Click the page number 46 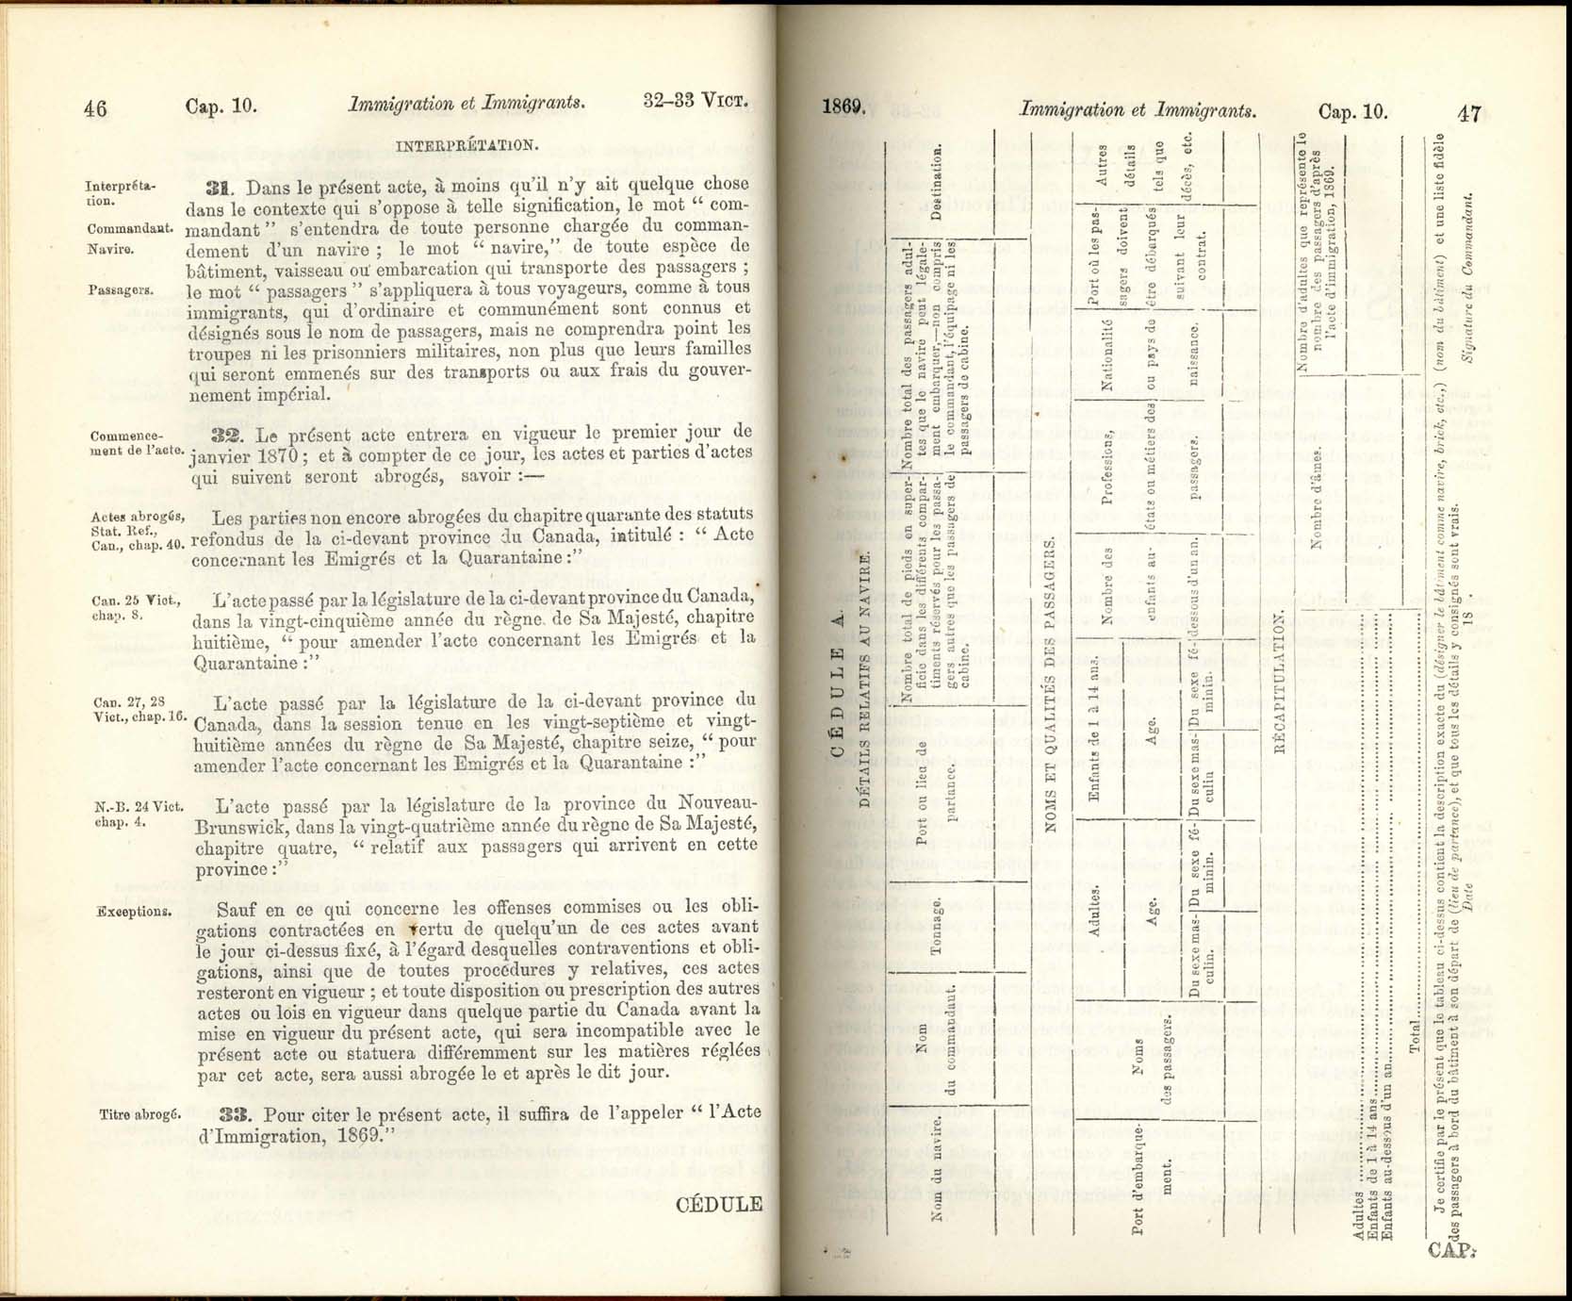click(95, 108)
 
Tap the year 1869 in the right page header click(843, 107)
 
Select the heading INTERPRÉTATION click(467, 146)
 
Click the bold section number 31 click(220, 186)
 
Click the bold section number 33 click(233, 1113)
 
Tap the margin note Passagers click(121, 290)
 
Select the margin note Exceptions click(134, 912)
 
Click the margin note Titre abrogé click(139, 1114)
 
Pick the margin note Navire click(110, 250)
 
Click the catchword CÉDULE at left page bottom click(718, 1204)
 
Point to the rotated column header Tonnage click(937, 926)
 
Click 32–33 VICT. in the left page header click(696, 101)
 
